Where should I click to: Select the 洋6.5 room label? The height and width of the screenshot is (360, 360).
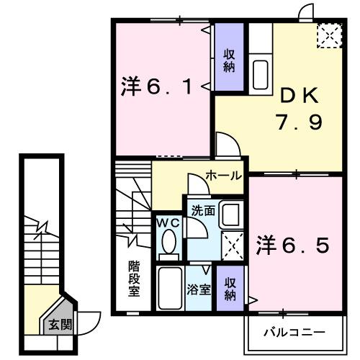click(x=293, y=246)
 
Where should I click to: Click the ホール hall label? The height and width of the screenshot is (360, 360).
click(x=223, y=176)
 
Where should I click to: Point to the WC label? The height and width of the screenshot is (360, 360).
click(x=168, y=223)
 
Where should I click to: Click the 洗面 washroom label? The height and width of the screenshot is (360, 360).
click(x=202, y=211)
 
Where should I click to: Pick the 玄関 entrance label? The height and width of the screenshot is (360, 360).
click(x=60, y=325)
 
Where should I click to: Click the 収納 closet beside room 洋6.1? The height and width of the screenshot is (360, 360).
click(x=229, y=60)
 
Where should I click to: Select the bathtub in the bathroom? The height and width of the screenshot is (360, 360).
click(x=171, y=289)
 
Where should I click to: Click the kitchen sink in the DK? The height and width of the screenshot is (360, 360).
click(x=261, y=73)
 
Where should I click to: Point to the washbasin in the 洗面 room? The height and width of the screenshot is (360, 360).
click(x=230, y=215)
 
